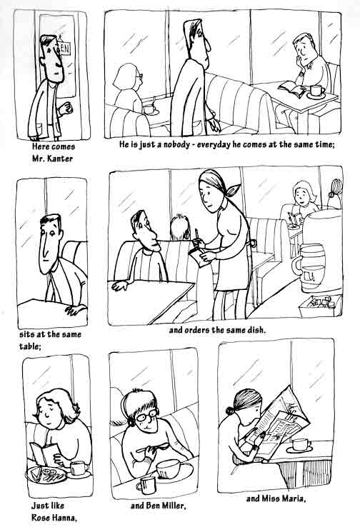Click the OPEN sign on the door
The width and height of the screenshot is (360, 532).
[64, 49]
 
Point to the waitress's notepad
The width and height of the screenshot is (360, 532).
[197, 257]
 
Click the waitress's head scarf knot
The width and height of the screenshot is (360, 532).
[233, 191]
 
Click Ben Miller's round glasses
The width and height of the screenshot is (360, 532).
[146, 416]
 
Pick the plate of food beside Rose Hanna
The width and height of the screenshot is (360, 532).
[46, 474]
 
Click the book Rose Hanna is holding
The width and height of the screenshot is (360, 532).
[44, 453]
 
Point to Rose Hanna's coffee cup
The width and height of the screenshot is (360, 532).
[79, 468]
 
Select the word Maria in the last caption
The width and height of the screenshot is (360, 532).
[294, 498]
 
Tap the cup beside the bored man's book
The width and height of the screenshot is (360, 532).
[317, 91]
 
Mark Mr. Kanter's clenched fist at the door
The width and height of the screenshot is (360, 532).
[66, 108]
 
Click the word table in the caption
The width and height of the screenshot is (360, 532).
[29, 346]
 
